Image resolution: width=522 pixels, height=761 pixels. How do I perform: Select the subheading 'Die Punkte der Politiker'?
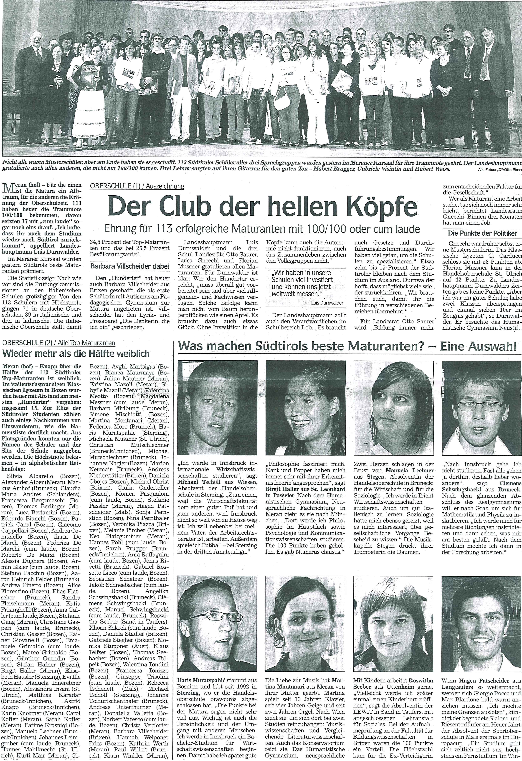(x=482, y=233)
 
